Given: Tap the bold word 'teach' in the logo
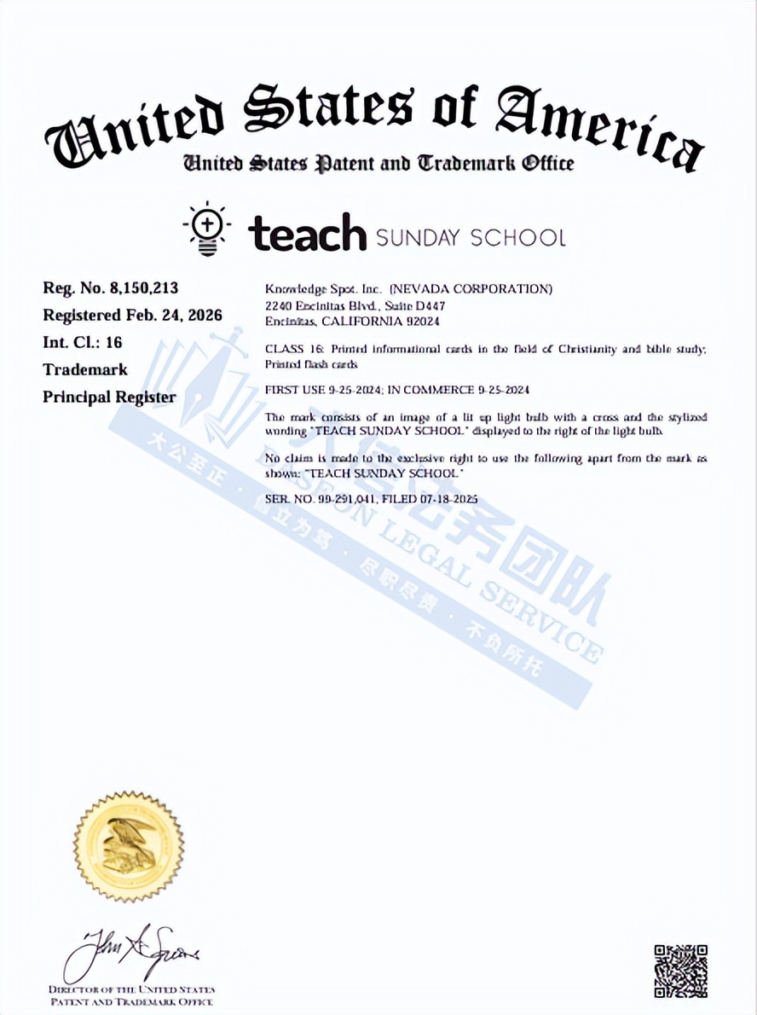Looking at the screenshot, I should [x=308, y=234].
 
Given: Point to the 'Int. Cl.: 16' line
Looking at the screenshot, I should [x=83, y=342].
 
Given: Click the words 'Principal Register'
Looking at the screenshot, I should [x=109, y=397].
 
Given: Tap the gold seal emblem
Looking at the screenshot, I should [x=128, y=847].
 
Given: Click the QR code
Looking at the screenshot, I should [x=680, y=970].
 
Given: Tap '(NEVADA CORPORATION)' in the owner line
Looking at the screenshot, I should [x=471, y=289].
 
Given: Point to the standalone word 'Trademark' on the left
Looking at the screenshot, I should [x=85, y=369].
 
